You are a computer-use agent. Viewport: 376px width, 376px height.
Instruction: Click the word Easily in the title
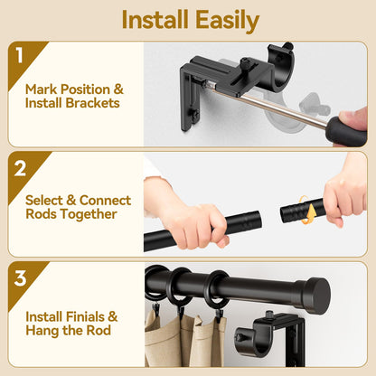(225, 20)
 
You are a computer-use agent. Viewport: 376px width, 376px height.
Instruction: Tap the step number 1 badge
(20, 56)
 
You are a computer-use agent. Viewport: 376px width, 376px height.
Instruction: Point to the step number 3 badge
(20, 277)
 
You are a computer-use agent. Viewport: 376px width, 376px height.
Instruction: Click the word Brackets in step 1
(92, 104)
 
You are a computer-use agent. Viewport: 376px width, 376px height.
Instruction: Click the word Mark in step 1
(42, 89)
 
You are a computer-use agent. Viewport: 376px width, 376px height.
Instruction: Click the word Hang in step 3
(42, 332)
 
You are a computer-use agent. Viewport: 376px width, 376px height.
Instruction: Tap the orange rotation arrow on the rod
(312, 213)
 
